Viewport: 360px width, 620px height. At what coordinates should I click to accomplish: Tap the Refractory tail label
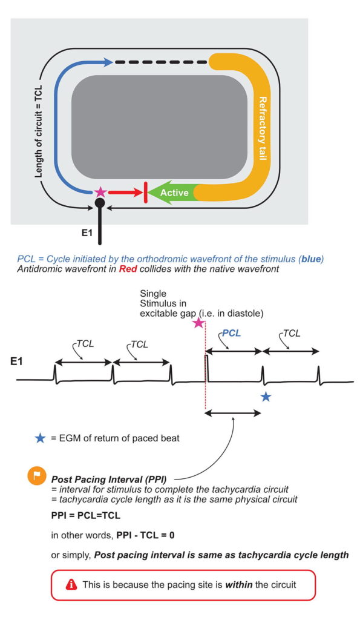(261, 128)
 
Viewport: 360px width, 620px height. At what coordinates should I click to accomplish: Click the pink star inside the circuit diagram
(101, 192)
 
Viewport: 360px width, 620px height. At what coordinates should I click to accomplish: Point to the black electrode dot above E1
(100, 203)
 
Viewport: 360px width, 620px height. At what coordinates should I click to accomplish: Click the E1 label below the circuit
(87, 233)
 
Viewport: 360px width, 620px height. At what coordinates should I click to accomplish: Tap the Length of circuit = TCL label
(38, 131)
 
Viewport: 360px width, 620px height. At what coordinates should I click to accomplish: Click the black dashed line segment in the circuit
(161, 62)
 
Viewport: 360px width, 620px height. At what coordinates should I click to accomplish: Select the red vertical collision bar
(146, 193)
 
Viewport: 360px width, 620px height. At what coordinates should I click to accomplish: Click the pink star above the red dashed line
(198, 323)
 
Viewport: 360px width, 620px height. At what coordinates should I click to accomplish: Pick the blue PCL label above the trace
(232, 334)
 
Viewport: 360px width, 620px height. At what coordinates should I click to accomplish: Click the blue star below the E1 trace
(266, 396)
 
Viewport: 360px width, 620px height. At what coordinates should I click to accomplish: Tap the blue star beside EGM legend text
(40, 438)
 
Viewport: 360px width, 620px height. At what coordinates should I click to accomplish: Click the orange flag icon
(36, 477)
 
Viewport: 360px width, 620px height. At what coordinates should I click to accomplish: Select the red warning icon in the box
(71, 584)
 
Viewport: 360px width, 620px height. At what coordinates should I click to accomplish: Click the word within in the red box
(238, 584)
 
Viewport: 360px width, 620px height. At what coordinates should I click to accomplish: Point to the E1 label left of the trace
(16, 361)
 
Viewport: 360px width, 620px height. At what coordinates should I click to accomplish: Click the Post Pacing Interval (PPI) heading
(109, 480)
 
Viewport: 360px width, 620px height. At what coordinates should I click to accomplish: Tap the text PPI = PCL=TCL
(86, 516)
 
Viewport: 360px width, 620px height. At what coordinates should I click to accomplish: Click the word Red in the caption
(128, 269)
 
